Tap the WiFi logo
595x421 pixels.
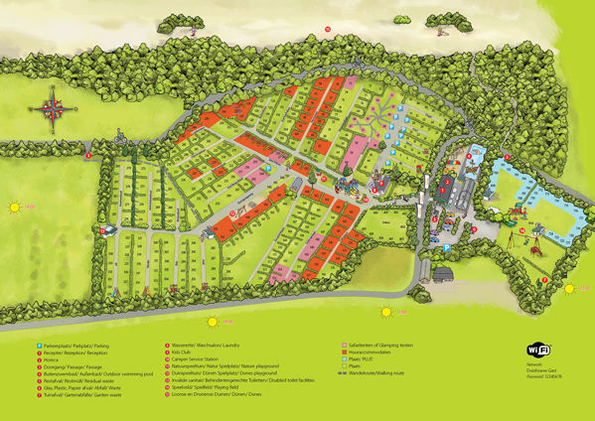pos(538,350)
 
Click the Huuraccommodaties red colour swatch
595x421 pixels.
pos(343,351)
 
